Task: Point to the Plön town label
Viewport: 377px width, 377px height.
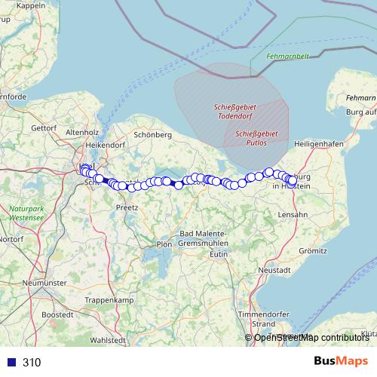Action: [x=164, y=244]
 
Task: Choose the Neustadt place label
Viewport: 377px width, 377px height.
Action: [x=274, y=269]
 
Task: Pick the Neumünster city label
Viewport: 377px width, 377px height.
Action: [x=47, y=282]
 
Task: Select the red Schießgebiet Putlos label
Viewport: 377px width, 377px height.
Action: [x=256, y=137]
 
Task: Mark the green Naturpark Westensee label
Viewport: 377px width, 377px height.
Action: [x=27, y=213]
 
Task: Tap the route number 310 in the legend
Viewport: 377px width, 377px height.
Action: [x=32, y=363]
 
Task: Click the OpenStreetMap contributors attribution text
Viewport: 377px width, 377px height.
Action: [x=311, y=338]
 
